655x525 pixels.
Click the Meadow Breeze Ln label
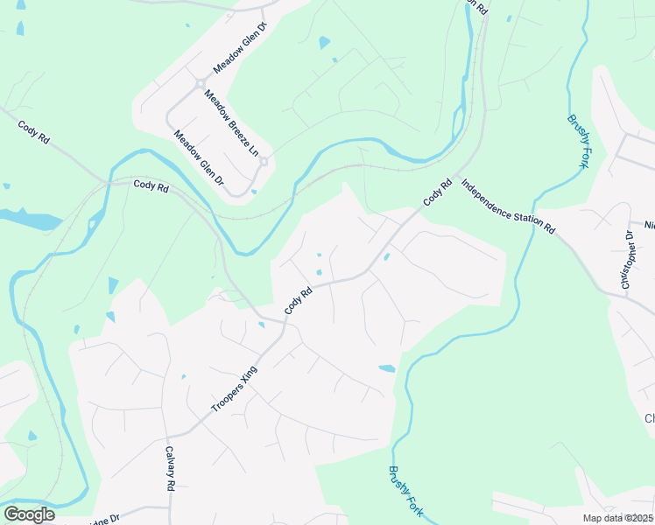[x=232, y=123]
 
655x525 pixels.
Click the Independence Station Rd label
[x=508, y=206]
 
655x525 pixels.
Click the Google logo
[x=29, y=514]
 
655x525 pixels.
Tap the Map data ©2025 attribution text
[x=618, y=518]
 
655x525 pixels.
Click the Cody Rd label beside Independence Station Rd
[x=439, y=192]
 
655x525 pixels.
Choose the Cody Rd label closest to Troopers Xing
[x=299, y=303]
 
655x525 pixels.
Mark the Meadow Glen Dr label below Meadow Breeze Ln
[x=199, y=157]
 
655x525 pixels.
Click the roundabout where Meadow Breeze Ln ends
[x=263, y=161]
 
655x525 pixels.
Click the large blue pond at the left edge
[x=31, y=219]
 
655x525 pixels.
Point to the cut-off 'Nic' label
[x=649, y=224]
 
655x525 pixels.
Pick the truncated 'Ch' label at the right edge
[x=649, y=418]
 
